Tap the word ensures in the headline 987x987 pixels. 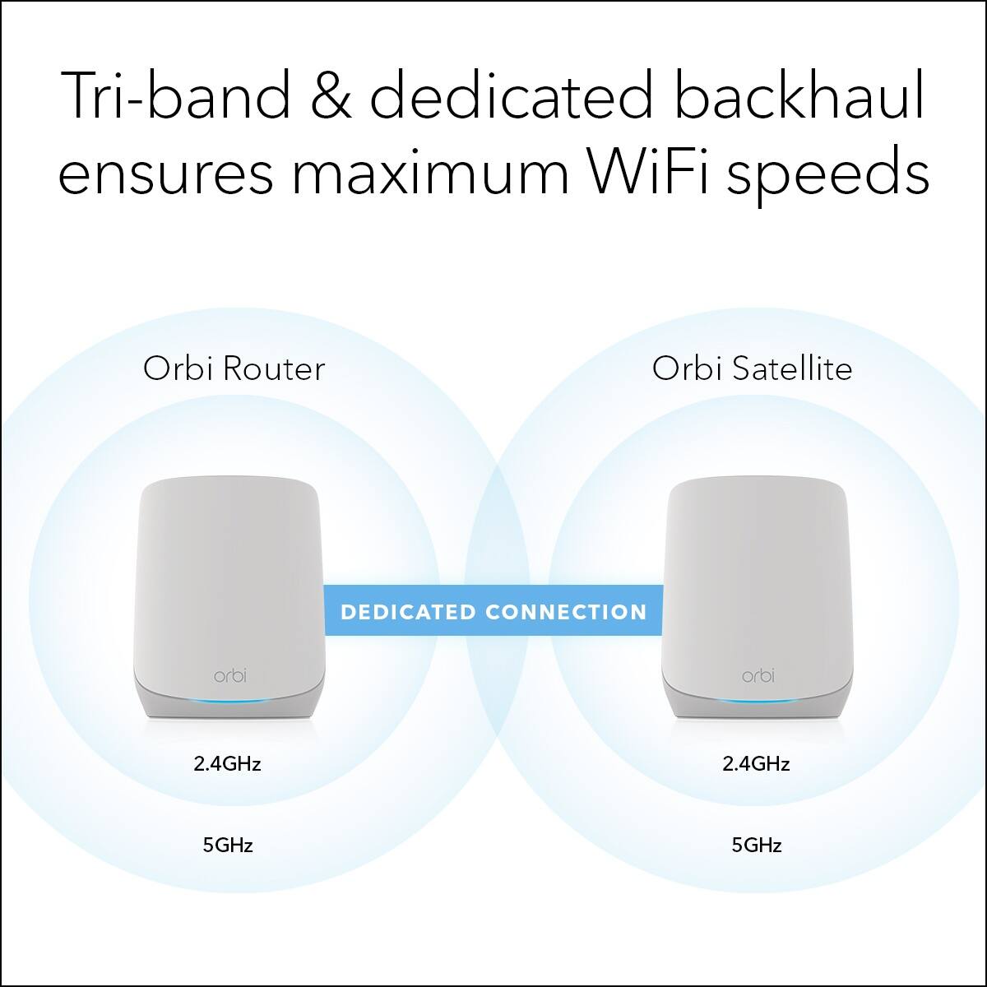165,175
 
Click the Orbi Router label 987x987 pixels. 234,368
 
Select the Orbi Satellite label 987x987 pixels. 752,368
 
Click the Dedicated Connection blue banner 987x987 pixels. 493,611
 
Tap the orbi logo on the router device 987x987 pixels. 229,675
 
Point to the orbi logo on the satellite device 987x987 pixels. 758,676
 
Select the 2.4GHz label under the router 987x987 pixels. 227,763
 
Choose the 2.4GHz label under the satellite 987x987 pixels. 756,763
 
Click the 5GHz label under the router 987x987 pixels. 227,844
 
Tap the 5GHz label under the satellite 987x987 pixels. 756,844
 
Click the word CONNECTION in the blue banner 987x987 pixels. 566,612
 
